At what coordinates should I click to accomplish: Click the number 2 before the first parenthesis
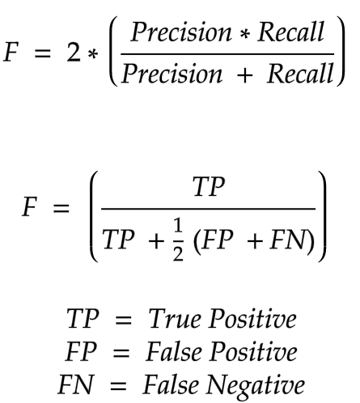[x=74, y=53]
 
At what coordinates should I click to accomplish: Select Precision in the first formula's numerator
[x=181, y=32]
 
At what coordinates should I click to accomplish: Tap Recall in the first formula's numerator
[x=290, y=32]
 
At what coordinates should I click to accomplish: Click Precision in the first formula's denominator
[x=172, y=74]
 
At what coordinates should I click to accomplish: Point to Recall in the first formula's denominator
[x=300, y=73]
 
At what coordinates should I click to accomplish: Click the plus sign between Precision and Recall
[x=245, y=75]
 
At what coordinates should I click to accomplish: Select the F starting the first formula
[x=11, y=53]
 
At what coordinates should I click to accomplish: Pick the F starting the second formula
[x=29, y=206]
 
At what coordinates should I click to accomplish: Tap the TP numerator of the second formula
[x=209, y=186]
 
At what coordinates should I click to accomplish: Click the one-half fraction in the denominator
[x=178, y=240]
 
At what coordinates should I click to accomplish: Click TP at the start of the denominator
[x=118, y=240]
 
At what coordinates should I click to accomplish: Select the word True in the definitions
[x=175, y=319]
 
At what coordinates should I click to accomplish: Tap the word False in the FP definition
[x=174, y=351]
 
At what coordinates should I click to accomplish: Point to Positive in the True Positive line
[x=253, y=319]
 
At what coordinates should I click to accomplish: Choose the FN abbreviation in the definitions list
[x=76, y=384]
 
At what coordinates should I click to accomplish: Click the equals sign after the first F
[x=42, y=53]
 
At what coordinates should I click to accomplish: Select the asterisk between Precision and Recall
[x=245, y=34]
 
